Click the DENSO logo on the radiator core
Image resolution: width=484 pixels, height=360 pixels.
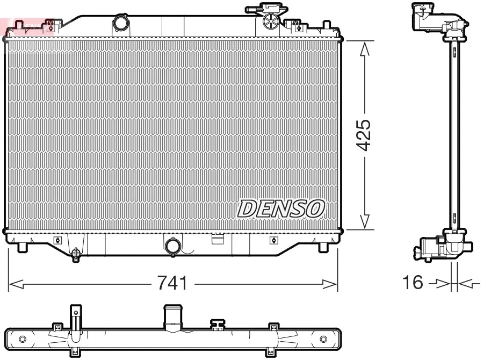(281, 208)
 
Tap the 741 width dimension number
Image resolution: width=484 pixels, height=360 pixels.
(172, 283)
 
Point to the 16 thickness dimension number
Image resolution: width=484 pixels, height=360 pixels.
(414, 282)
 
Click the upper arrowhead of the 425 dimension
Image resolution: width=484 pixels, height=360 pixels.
(364, 48)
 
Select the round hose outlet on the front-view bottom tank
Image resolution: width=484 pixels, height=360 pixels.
(173, 246)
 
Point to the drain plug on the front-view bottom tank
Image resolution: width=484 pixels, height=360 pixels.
(76, 253)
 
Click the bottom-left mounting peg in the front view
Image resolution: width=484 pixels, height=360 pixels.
(22, 247)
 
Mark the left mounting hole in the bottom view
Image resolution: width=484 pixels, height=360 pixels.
(22, 339)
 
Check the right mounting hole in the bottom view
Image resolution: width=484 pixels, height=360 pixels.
(323, 339)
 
